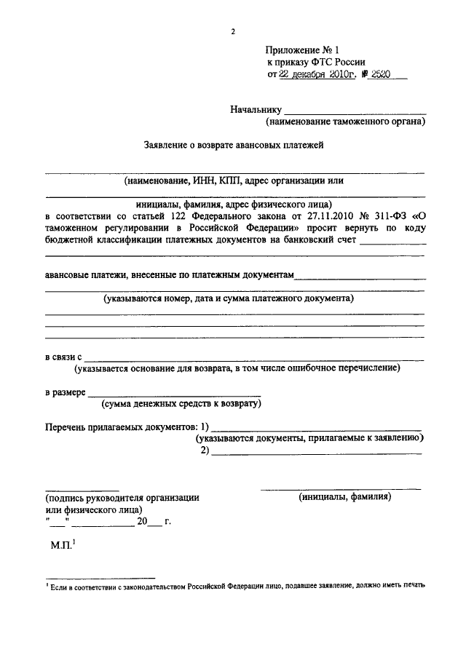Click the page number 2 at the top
[233, 32]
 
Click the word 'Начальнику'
[256, 110]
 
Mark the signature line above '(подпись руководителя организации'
[82, 489]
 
